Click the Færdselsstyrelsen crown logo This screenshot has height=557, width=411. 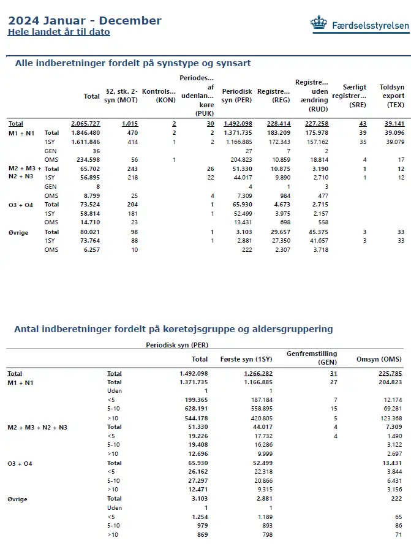click(319, 24)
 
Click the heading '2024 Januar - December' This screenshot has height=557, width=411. click(85, 21)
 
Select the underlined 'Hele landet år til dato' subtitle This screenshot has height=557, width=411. click(59, 32)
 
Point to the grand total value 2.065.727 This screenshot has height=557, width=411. click(85, 123)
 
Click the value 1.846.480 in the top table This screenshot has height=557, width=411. click(85, 132)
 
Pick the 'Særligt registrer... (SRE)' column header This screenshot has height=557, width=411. click(349, 96)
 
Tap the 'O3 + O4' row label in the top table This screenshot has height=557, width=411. click(21, 205)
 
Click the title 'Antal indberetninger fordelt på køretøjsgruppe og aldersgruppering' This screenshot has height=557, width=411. click(173, 329)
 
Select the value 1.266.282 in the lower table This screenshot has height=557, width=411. click(258, 373)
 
